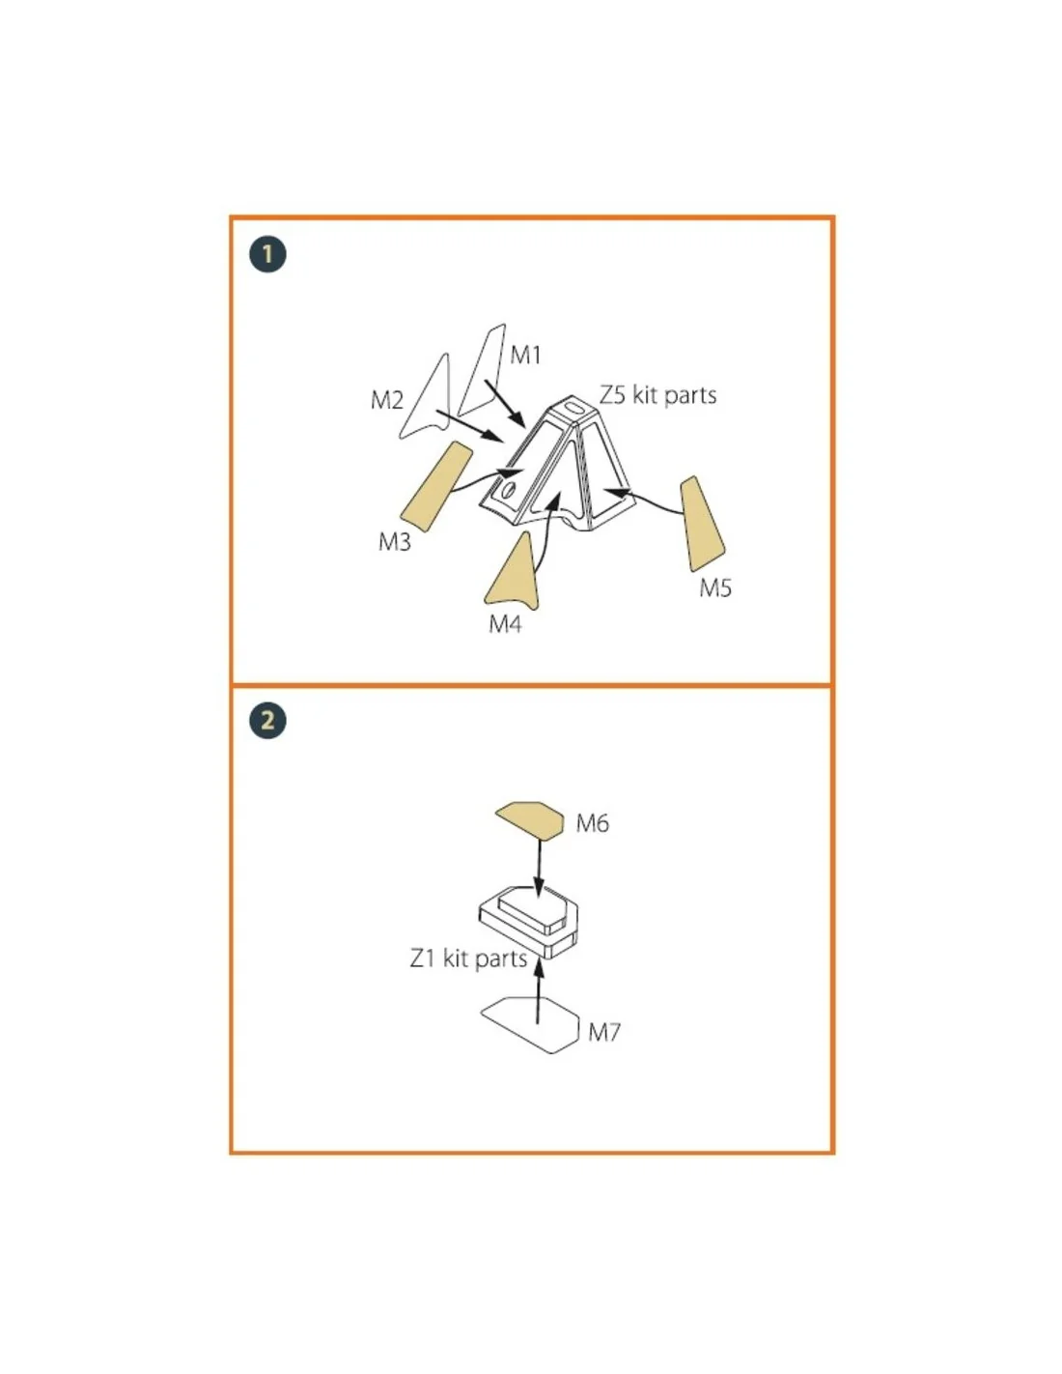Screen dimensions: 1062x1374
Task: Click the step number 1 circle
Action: pos(267,255)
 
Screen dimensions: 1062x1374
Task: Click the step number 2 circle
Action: pos(267,720)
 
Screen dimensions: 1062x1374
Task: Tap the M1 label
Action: pos(525,356)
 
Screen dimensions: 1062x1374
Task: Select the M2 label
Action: pos(386,400)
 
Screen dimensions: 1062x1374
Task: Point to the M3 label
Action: pos(395,541)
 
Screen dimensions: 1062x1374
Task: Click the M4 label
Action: pos(505,624)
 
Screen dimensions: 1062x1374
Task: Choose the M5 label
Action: pos(715,588)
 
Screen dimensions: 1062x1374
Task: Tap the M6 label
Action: pos(593,823)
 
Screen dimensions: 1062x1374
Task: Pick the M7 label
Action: pos(604,1033)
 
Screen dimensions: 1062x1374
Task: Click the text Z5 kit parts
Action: pos(657,396)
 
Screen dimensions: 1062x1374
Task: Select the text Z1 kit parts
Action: pos(468,959)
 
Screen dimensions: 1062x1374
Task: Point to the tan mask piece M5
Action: pos(701,524)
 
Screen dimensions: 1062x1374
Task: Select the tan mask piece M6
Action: pos(530,818)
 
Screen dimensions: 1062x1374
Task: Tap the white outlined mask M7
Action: pos(531,1025)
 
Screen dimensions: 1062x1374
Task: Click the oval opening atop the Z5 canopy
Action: pos(576,407)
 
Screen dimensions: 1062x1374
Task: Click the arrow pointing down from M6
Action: pos(539,867)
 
